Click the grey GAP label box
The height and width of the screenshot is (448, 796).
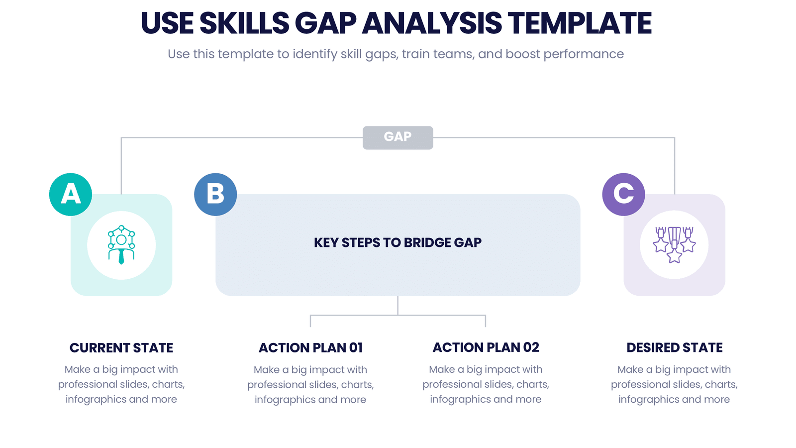coord(398,137)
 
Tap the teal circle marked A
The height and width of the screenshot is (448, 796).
coord(71,195)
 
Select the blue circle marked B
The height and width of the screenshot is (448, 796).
coord(215,195)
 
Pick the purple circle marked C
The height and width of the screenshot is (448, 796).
coord(624,195)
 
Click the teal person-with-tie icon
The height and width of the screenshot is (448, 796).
coord(121,244)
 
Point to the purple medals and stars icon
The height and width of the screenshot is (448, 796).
coord(674,244)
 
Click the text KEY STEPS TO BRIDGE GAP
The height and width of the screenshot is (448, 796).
coord(398,242)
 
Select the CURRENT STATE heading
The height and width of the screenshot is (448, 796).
coord(121,348)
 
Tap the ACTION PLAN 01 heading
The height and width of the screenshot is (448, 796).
coord(310,348)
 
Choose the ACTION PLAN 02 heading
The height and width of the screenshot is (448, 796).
coord(486,347)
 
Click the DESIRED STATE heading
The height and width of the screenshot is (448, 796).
coord(675,347)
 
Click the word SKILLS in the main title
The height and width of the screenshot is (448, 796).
coord(244,23)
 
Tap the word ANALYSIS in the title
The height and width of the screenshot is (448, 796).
coord(432,23)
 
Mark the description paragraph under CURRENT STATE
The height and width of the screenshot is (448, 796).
coord(121,384)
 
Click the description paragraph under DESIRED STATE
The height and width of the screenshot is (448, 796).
coord(675,384)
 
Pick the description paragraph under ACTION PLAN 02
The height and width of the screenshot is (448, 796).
coord(486,384)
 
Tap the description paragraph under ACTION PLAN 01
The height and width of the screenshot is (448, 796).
coord(310,385)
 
